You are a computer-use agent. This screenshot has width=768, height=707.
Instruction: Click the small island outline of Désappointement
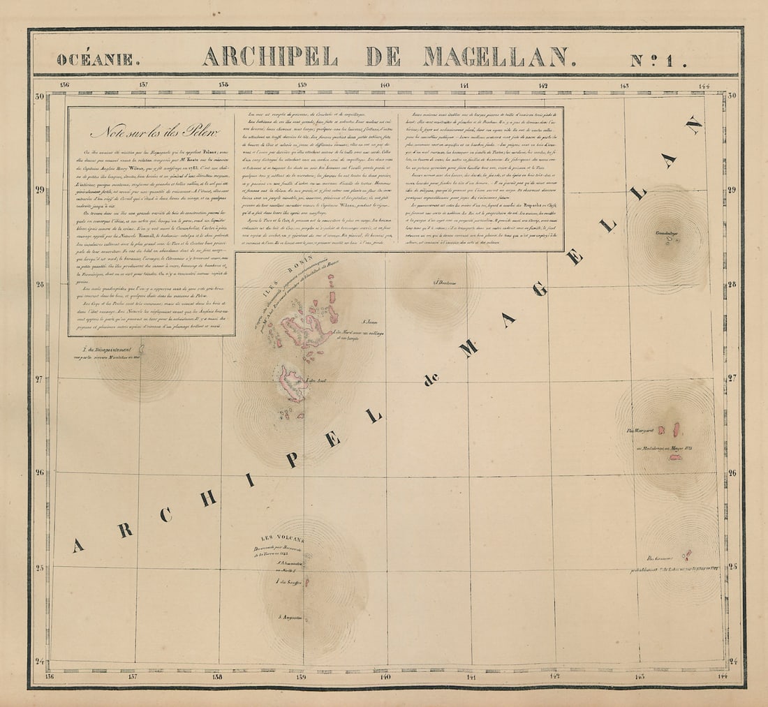[x=142, y=348]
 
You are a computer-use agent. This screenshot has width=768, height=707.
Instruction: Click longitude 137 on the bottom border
[x=132, y=676]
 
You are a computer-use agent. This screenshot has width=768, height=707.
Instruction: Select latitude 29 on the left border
[x=40, y=189]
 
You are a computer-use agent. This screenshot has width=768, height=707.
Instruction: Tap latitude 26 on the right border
[x=732, y=472]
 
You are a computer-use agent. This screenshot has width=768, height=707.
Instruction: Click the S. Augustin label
[x=290, y=617]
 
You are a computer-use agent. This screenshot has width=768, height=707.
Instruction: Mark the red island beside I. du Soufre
[x=306, y=581]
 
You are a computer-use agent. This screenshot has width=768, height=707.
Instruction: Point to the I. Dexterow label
[x=444, y=283]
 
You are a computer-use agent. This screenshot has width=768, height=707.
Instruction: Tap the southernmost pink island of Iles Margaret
[x=675, y=457]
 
